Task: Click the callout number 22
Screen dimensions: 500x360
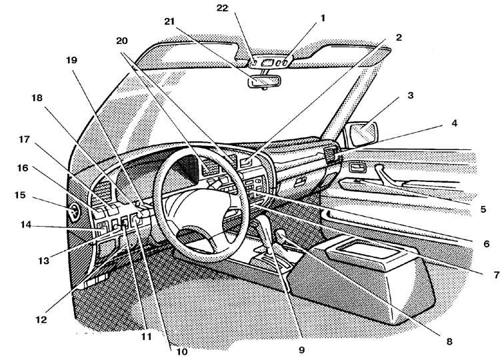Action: (x=223, y=8)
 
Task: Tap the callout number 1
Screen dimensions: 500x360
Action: (x=323, y=19)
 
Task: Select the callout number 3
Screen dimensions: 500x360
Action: (x=411, y=95)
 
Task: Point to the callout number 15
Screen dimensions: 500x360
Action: (x=20, y=195)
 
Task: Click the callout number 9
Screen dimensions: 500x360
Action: (x=301, y=350)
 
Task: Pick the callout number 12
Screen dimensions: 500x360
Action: (x=41, y=319)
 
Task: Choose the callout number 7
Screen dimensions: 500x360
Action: (x=496, y=275)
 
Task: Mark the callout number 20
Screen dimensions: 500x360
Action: (x=122, y=41)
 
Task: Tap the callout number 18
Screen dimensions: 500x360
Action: (x=37, y=97)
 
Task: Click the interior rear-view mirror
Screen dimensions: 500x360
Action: (x=265, y=81)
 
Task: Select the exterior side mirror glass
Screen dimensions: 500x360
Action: (x=363, y=132)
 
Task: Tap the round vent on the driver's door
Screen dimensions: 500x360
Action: (x=73, y=211)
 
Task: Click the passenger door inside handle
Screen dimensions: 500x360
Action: (x=358, y=167)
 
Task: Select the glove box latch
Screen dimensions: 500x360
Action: (x=299, y=183)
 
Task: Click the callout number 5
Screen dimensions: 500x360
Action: (x=483, y=209)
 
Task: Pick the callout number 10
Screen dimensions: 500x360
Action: (x=182, y=352)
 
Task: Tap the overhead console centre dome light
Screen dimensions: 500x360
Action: (x=266, y=63)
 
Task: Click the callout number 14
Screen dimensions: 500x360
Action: (x=25, y=225)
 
